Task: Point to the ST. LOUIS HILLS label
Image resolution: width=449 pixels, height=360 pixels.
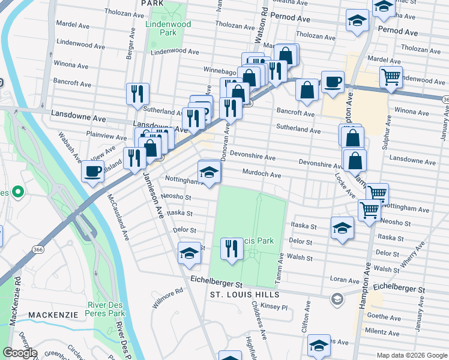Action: pyautogui.click(x=244, y=295)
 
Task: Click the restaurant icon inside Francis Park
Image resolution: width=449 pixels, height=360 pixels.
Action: pyautogui.click(x=232, y=248)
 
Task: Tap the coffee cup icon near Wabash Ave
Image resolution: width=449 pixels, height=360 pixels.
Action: pyautogui.click(x=92, y=172)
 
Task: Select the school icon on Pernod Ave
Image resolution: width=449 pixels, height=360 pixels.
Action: pyautogui.click(x=357, y=21)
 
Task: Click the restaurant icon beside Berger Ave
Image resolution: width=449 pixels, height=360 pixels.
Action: pyautogui.click(x=137, y=94)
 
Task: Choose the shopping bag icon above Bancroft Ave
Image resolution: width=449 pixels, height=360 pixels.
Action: pyautogui.click(x=307, y=90)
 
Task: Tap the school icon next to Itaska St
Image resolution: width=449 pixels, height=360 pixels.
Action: pyautogui.click(x=342, y=228)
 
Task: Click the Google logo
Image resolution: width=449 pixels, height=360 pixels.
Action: pyautogui.click(x=20, y=353)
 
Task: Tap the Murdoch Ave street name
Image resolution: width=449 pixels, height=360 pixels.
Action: pyautogui.click(x=261, y=175)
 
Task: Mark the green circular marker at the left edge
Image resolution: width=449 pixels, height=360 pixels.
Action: pyautogui.click(x=18, y=193)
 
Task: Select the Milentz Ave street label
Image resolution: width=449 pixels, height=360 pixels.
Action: pyautogui.click(x=385, y=331)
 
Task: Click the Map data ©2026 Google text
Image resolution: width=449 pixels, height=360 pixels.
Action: pyautogui.click(x=411, y=355)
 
